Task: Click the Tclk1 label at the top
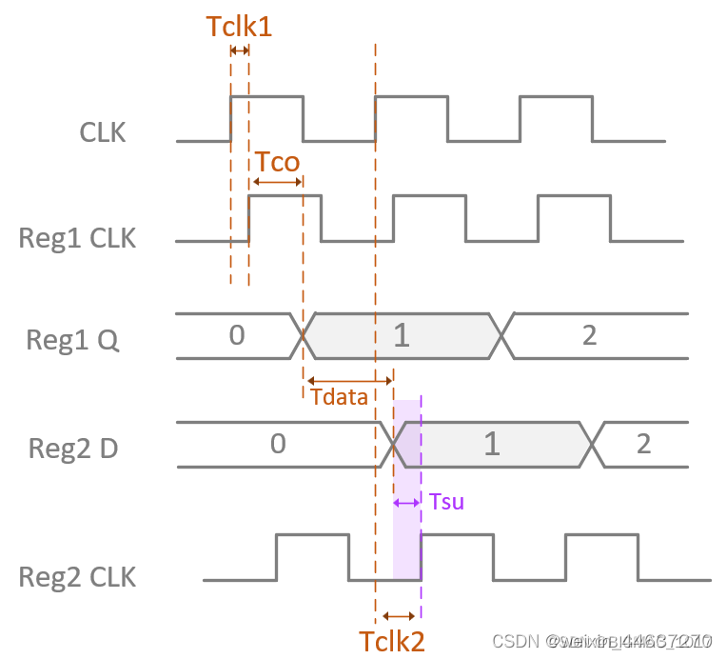239,26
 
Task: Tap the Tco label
277,162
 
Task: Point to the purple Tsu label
446,501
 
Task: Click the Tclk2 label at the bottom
391,641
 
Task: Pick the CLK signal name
103,132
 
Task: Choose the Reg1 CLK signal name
77,237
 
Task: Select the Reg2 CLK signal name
77,576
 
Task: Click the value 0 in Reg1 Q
237,335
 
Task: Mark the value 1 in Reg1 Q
402,336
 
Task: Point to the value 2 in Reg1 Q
589,335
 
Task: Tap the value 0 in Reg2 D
277,444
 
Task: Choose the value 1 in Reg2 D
491,445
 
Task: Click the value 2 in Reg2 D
643,444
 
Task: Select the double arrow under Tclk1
239,50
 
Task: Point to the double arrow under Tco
276,182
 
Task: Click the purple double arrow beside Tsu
406,502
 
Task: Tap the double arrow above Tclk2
398,616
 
